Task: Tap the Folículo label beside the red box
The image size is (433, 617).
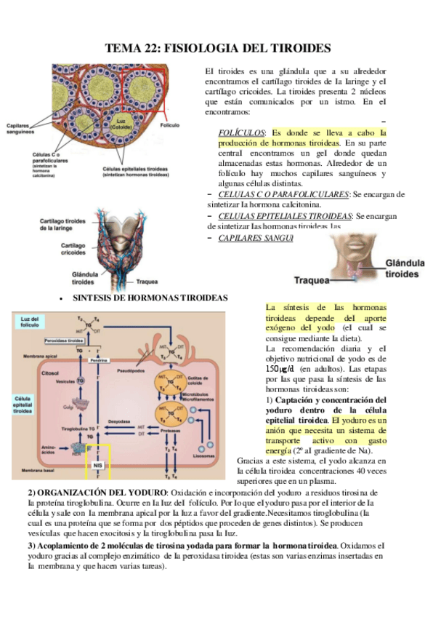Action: [169, 125]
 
